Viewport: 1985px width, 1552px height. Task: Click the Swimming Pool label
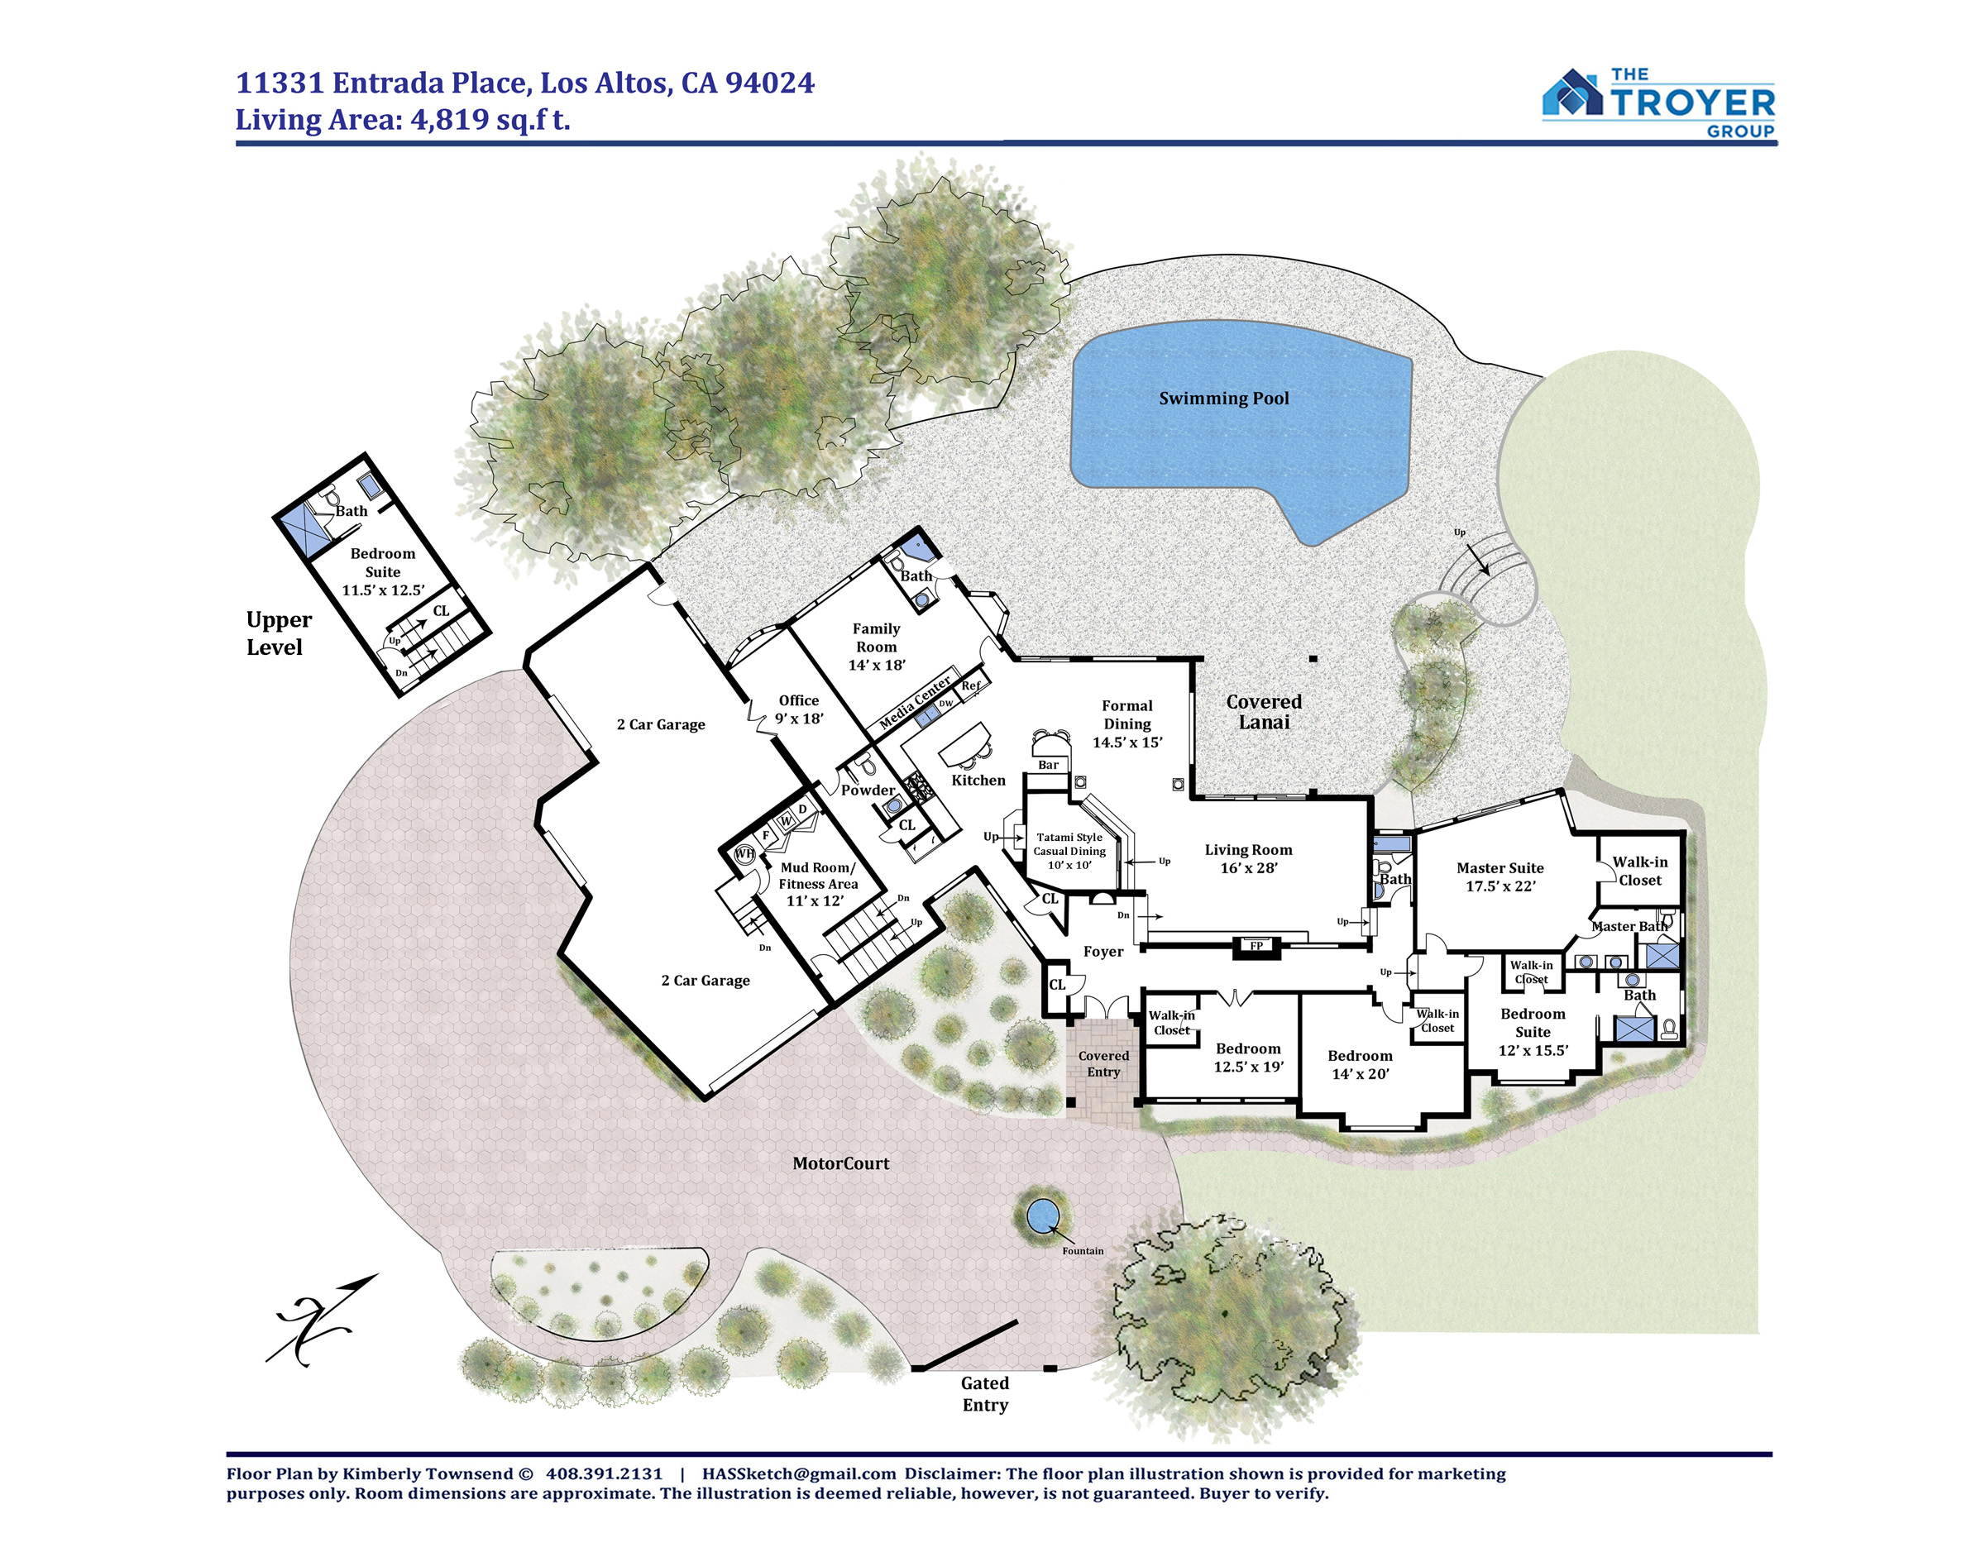point(1223,398)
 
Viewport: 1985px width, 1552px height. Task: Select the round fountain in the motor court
point(1041,1215)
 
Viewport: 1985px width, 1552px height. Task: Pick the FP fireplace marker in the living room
point(1256,946)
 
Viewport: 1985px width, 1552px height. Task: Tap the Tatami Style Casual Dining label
point(1069,851)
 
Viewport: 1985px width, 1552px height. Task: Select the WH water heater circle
point(744,854)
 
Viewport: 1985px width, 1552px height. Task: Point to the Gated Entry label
point(985,1393)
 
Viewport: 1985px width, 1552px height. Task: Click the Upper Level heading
point(278,633)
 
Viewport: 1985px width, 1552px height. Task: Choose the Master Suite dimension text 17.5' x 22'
point(1500,886)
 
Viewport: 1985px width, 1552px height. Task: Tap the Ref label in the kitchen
point(971,686)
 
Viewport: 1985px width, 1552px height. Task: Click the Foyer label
point(1103,952)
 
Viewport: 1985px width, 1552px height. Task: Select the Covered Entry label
point(1103,1064)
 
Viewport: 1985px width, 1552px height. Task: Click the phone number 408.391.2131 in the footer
point(605,1473)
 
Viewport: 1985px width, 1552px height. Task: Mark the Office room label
point(799,700)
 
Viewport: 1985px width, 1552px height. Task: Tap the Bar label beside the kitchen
point(1048,765)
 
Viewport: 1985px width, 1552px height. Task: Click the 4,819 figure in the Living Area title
point(450,120)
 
